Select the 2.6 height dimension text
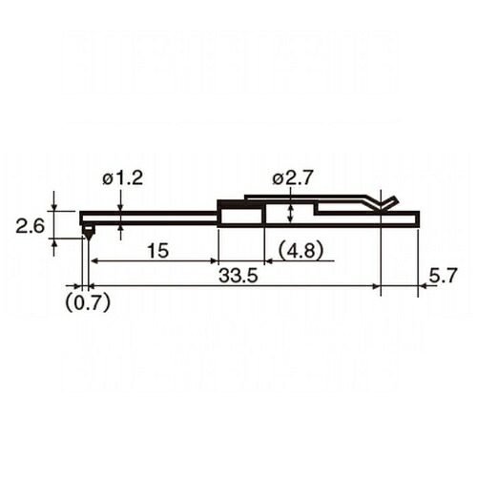(31, 227)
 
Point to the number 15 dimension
(157, 251)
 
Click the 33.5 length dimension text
(238, 276)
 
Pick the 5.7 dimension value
(443, 276)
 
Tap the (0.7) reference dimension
(88, 301)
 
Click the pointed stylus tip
(88, 239)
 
